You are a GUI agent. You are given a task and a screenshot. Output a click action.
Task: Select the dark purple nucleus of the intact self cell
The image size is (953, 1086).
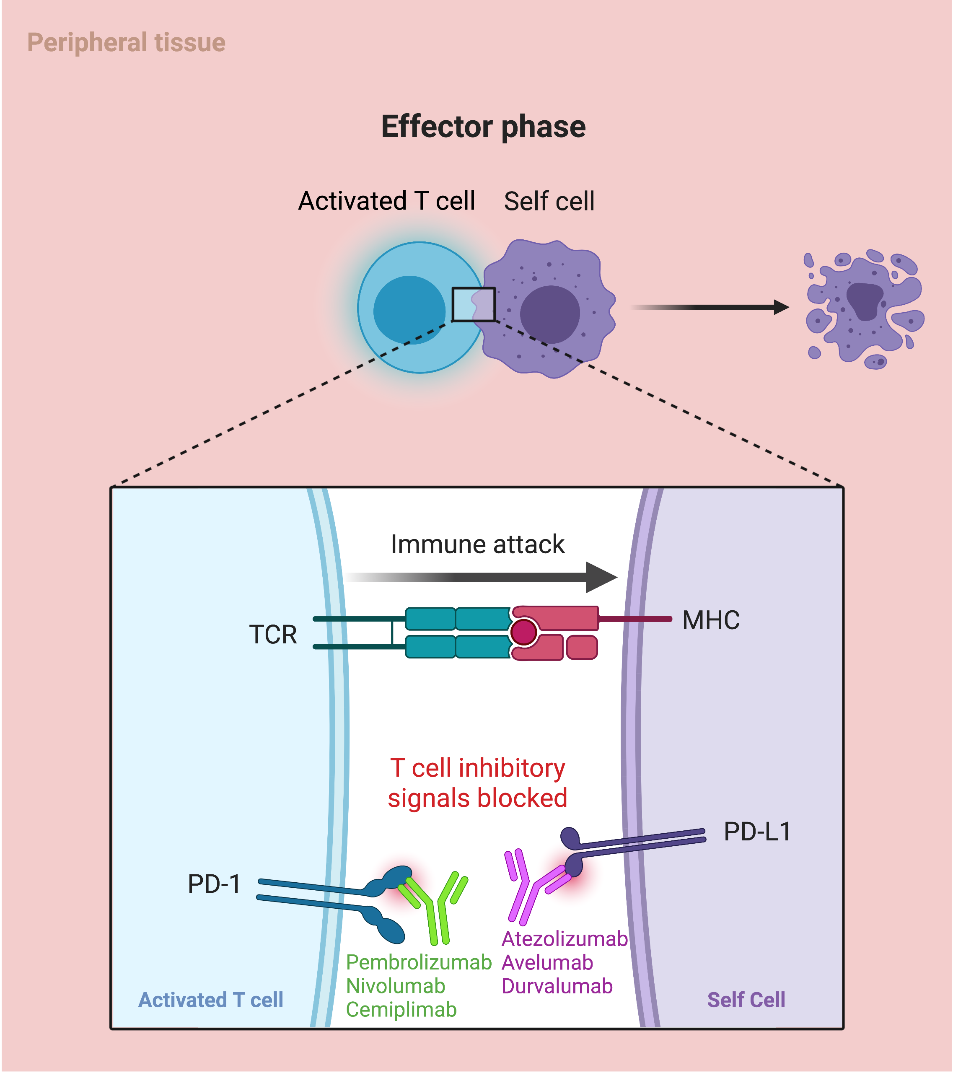[x=549, y=314]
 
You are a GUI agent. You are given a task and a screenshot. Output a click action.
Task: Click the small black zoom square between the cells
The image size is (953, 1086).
[x=473, y=304]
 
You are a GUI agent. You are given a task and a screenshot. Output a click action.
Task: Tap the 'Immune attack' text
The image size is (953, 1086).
[x=477, y=544]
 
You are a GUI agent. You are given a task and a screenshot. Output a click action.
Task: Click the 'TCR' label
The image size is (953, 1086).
[x=272, y=635]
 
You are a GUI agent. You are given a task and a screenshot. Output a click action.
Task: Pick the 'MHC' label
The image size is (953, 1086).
[x=710, y=620]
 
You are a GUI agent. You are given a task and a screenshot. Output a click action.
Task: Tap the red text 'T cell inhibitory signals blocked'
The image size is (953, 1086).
[x=477, y=783]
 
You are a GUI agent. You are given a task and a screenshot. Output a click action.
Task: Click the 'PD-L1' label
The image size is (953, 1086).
[x=757, y=832]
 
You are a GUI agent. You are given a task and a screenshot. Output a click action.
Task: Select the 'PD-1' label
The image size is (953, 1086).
[x=214, y=884]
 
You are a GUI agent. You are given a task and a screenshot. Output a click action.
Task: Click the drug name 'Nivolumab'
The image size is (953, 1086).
[x=395, y=986]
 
